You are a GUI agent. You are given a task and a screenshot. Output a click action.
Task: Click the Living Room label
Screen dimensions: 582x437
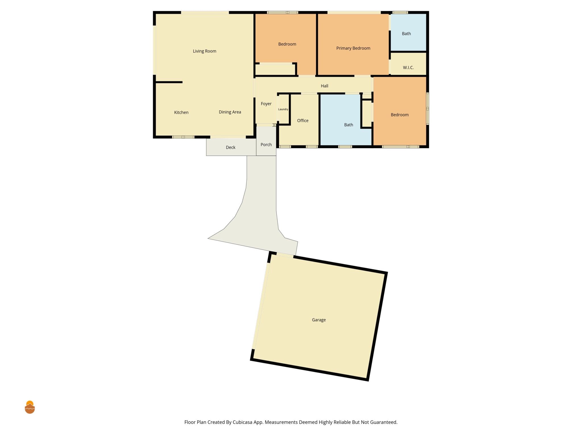click(204, 51)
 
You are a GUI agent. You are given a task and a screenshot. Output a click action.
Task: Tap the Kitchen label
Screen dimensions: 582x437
click(181, 112)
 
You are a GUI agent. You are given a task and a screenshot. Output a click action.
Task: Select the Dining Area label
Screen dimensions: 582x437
click(230, 112)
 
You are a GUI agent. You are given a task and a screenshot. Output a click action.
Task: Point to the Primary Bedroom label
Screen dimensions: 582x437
click(353, 48)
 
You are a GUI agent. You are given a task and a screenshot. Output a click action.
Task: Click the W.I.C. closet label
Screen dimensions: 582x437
click(408, 68)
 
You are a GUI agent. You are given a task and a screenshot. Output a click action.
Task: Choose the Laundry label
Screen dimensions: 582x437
click(283, 109)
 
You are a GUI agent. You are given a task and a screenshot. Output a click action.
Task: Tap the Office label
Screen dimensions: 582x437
click(303, 121)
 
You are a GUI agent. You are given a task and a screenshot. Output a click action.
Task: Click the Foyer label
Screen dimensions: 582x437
click(266, 104)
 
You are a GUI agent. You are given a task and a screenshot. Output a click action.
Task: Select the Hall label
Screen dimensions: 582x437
click(325, 86)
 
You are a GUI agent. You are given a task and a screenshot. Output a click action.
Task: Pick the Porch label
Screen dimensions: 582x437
click(266, 145)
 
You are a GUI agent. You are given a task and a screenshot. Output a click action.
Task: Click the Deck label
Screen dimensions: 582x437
click(230, 147)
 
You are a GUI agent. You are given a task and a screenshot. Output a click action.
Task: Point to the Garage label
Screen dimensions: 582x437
click(319, 320)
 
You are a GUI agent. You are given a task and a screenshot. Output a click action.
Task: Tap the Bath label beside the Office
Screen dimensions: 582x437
click(349, 125)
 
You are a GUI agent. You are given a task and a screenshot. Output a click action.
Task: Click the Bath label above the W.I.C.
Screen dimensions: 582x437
click(406, 34)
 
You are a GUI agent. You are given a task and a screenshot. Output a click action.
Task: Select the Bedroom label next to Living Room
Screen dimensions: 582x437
click(287, 44)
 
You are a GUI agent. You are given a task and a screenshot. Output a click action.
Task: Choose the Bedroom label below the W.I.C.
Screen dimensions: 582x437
click(400, 115)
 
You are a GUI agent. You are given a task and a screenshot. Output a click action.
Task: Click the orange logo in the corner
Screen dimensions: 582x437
click(30, 407)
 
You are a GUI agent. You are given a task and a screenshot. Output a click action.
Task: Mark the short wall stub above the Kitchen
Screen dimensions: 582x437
click(169, 82)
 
